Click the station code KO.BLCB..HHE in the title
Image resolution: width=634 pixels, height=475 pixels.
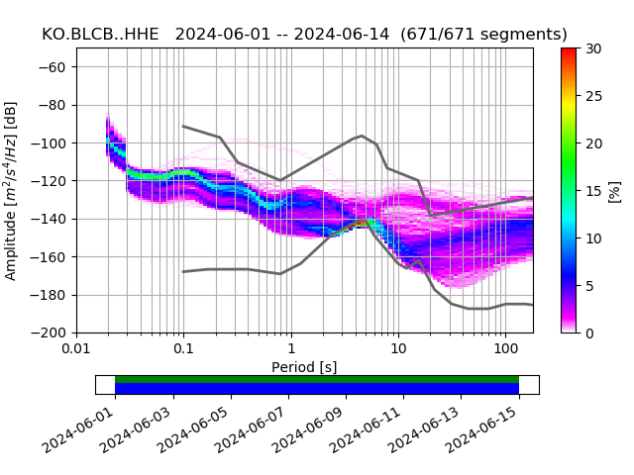coord(103,35)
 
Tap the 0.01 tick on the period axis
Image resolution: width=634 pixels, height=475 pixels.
coord(76,349)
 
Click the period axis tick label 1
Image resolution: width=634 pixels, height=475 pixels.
coord(290,349)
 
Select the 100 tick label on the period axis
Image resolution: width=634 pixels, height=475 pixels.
coord(505,349)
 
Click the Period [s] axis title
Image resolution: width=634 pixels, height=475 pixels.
coord(304,367)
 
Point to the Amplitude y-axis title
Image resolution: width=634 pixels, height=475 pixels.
coord(11,190)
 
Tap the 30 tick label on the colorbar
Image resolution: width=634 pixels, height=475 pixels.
coord(593,48)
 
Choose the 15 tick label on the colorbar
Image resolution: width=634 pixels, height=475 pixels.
coord(593,190)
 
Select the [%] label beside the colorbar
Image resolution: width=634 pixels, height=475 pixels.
coord(615,190)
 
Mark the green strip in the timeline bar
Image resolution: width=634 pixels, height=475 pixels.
coord(317,379)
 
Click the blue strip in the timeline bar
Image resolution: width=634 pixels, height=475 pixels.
coord(317,389)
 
